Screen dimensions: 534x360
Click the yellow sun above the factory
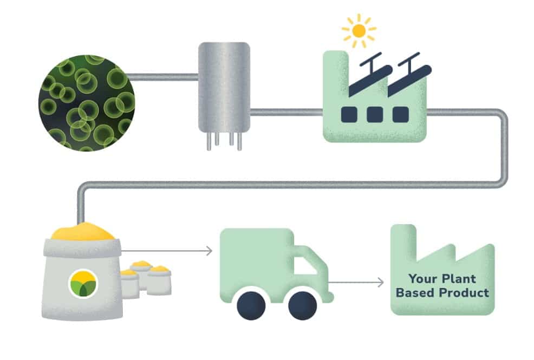(359, 31)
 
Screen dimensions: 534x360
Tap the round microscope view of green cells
(87, 103)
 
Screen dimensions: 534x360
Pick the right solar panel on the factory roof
(409, 75)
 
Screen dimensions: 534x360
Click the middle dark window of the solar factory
(375, 115)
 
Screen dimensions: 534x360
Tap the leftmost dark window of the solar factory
(349, 115)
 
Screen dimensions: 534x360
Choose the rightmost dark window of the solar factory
(401, 115)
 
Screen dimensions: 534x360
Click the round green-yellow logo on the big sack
(83, 284)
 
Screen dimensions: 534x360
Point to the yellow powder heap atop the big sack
(83, 231)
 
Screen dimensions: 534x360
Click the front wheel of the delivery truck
(302, 305)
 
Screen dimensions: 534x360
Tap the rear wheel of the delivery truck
(251, 305)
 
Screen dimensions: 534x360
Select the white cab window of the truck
(305, 266)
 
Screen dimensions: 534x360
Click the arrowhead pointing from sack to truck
(209, 251)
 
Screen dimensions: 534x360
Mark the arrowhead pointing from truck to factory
(380, 283)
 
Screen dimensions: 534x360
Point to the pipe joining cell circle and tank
(163, 77)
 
